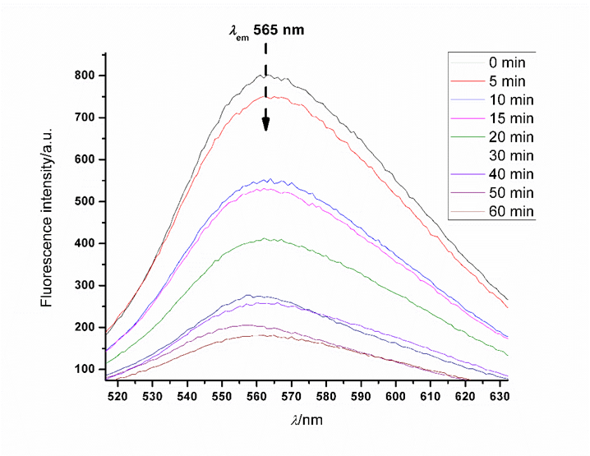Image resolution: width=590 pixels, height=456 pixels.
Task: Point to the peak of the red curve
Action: [x=268, y=96]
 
